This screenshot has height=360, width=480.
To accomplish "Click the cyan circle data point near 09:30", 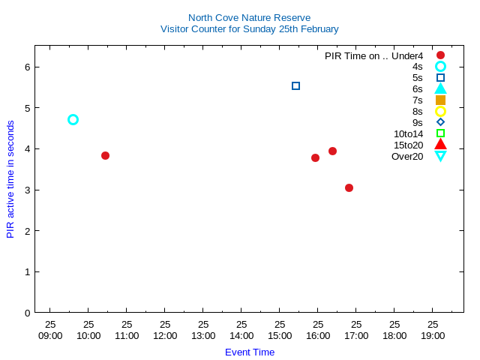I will (x=73, y=119).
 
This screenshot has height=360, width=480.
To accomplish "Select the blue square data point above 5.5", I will (x=295, y=85).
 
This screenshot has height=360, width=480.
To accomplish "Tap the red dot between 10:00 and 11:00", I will (x=105, y=155).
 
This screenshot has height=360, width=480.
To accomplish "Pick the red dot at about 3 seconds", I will (x=349, y=187).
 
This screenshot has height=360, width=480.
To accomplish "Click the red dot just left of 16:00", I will (x=315, y=157).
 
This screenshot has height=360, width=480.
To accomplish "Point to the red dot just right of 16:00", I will (x=332, y=151).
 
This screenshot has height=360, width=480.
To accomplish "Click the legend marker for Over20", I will (x=440, y=156).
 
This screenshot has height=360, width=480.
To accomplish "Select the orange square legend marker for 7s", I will (x=440, y=100).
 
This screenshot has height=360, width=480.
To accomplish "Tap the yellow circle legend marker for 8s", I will (x=440, y=111).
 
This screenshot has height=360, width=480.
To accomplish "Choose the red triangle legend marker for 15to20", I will (x=440, y=144).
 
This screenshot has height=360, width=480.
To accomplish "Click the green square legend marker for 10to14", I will (x=440, y=133).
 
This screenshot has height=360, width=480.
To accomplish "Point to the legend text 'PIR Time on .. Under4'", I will (x=373, y=55).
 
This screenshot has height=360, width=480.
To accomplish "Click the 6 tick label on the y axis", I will (x=26, y=67).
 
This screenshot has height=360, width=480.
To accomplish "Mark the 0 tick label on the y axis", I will (x=26, y=313).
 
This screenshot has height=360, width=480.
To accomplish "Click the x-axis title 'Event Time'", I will (x=250, y=352).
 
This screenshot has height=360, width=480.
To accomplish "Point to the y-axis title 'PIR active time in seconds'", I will (x=10, y=179).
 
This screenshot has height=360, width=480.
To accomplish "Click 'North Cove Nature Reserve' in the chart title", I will (x=249, y=17).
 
